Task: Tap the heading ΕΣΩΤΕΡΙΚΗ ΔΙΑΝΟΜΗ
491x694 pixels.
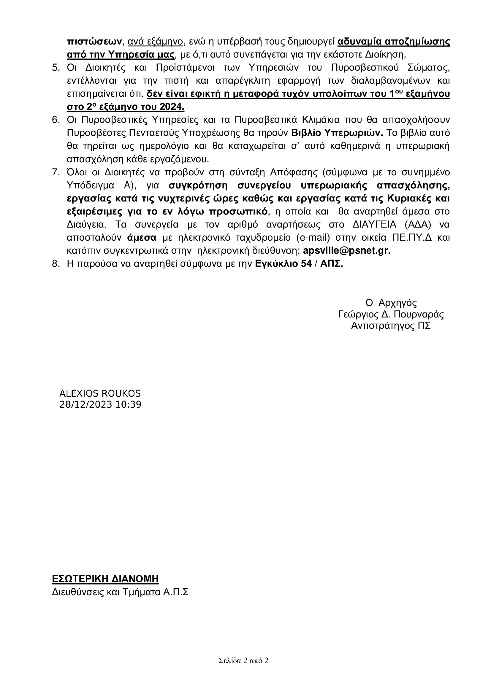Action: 105,579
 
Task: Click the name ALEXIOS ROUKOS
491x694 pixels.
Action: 100,393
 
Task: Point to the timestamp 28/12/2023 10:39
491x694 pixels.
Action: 100,404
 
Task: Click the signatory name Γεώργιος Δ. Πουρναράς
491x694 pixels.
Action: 391,315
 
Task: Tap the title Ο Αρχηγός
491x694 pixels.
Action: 391,303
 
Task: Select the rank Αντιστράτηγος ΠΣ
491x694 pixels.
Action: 391,326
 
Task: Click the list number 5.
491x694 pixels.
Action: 56,68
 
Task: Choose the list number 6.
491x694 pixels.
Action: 56,120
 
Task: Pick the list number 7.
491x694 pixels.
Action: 56,172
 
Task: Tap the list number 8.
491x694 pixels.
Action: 56,264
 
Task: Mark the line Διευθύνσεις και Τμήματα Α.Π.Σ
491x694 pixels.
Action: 120,592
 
